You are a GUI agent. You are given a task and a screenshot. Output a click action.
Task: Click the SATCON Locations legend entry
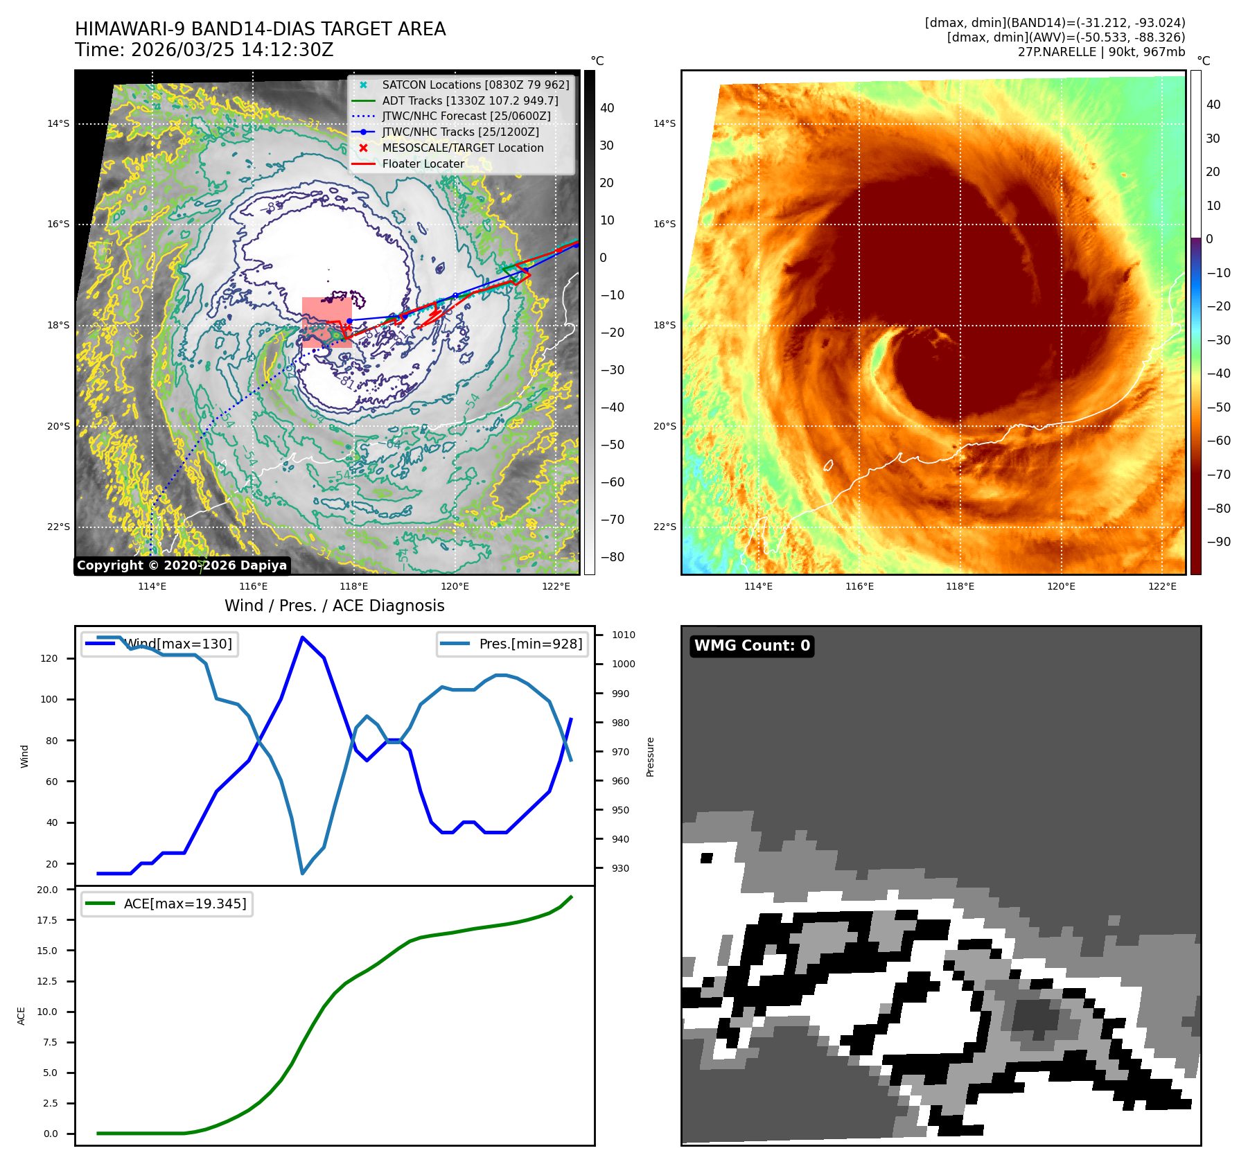pyautogui.click(x=475, y=85)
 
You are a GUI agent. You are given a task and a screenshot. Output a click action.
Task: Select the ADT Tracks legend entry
pyautogui.click(x=470, y=100)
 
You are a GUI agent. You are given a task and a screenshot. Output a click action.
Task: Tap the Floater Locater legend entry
pyautogui.click(x=423, y=164)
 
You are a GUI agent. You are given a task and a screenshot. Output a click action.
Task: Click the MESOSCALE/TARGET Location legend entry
pyautogui.click(x=463, y=148)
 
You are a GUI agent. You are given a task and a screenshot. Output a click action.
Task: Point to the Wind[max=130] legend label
pyautogui.click(x=178, y=644)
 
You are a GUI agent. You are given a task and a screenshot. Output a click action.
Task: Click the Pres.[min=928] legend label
pyautogui.click(x=531, y=644)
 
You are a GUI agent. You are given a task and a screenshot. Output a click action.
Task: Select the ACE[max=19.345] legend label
pyautogui.click(x=185, y=904)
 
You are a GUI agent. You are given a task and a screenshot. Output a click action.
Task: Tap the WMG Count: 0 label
pyautogui.click(x=752, y=646)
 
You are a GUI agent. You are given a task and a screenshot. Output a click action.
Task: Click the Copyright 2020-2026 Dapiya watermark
pyautogui.click(x=182, y=565)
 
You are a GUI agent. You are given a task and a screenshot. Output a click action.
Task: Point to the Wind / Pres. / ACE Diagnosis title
pyautogui.click(x=335, y=606)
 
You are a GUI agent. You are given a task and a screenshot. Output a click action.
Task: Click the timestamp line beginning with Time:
pyautogui.click(x=204, y=50)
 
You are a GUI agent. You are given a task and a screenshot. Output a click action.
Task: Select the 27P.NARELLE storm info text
pyautogui.click(x=1101, y=52)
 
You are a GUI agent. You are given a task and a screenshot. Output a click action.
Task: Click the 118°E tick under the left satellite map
pyautogui.click(x=354, y=586)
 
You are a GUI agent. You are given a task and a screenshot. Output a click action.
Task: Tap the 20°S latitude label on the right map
pyautogui.click(x=664, y=426)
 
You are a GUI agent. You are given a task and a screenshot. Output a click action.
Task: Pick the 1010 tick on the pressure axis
pyautogui.click(x=623, y=635)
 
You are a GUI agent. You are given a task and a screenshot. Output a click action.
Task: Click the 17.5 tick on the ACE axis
pyautogui.click(x=48, y=920)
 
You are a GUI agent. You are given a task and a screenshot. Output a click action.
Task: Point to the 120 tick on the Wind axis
pyautogui.click(x=49, y=658)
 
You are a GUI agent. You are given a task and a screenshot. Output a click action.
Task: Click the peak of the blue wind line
pyautogui.click(x=302, y=637)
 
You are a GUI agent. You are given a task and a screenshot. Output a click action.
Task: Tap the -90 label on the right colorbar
pyautogui.click(x=1218, y=542)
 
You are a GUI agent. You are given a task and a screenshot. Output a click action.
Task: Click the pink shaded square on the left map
pyautogui.click(x=326, y=322)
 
